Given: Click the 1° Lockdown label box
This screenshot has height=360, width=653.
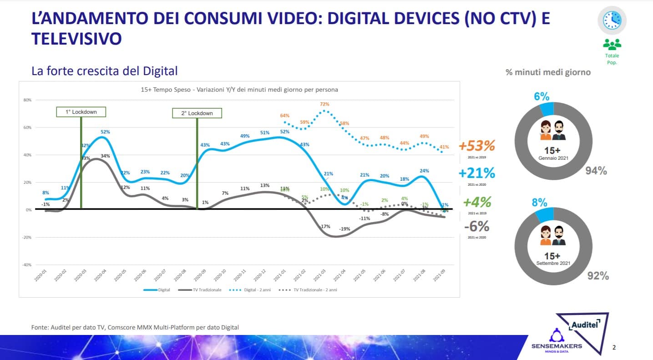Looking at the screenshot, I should tap(81, 112).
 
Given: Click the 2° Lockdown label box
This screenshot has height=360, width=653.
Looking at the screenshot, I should tap(197, 113).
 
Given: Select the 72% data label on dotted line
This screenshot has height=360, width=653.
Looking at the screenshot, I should tap(324, 104).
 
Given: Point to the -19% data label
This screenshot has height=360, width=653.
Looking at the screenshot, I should tap(344, 229).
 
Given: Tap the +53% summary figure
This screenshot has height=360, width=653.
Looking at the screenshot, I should tap(476, 146).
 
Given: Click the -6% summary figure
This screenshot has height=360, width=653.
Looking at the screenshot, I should tap(476, 226).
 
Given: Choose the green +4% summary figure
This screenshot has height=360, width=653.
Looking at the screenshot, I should tap(476, 202).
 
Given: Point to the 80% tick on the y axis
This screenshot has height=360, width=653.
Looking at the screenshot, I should tap(27, 100).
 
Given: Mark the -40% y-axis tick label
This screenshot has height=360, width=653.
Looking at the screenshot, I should tap(27, 265).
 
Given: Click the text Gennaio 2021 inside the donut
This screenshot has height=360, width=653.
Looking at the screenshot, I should tap(553, 158).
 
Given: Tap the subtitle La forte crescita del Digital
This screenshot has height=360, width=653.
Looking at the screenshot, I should tap(104, 71).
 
